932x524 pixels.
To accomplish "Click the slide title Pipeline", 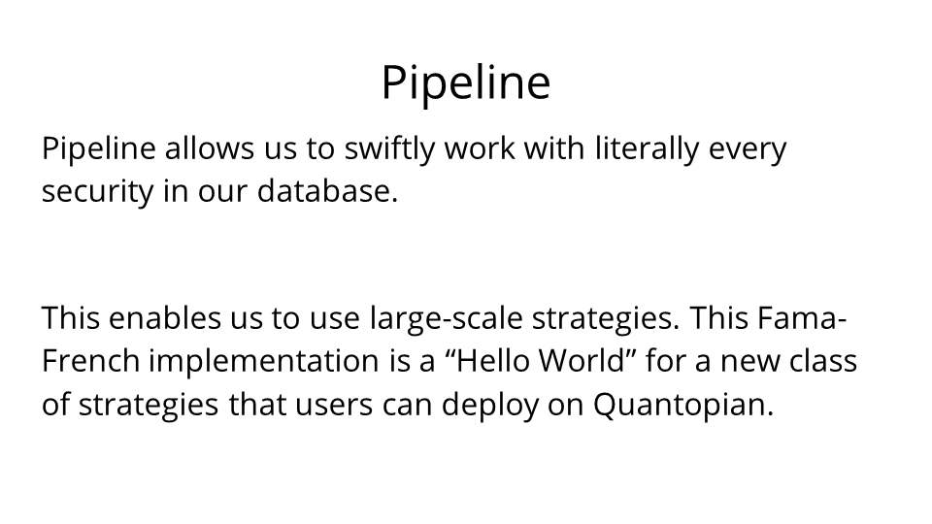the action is coord(466,83).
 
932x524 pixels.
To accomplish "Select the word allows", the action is coord(210,147).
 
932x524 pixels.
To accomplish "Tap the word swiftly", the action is coord(390,149).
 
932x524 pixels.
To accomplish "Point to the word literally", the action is coord(647,149).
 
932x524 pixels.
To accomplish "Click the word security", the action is coord(97,192).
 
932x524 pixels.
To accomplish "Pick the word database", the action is coord(327,190).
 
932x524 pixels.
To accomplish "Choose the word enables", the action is coord(165,317).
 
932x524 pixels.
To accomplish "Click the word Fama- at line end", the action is coord(802,317).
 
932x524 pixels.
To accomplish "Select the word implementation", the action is coord(263,362).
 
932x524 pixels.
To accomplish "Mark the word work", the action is coord(480,147).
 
